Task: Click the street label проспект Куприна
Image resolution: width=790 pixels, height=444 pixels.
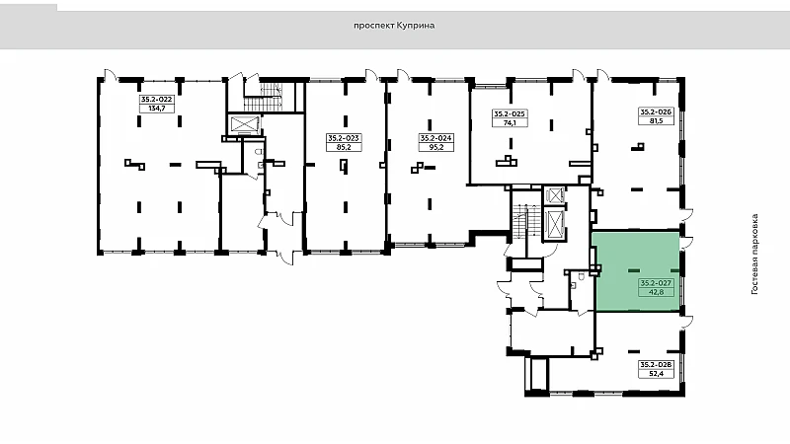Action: point(394,26)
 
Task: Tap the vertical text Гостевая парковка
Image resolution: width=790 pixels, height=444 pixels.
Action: point(754,255)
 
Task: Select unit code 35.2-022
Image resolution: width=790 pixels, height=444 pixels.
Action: point(157,100)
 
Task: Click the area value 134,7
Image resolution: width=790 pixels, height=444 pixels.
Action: point(157,109)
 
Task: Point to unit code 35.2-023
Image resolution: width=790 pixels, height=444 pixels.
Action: point(344,138)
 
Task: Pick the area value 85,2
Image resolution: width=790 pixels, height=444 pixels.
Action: point(344,147)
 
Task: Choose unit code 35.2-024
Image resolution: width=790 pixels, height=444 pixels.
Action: point(436,138)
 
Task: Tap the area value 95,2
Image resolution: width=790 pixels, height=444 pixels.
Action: point(436,147)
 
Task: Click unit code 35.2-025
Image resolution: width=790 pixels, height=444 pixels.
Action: point(510,113)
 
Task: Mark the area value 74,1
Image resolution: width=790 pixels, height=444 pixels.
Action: point(510,122)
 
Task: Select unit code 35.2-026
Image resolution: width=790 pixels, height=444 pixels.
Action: point(656,111)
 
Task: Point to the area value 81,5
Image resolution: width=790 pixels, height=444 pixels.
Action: point(656,120)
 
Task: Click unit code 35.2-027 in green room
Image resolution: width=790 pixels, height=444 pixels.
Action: point(656,283)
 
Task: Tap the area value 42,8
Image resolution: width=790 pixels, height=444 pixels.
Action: point(656,292)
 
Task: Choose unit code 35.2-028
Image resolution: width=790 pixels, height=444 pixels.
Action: point(656,364)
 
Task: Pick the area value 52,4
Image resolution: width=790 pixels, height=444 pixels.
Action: point(656,374)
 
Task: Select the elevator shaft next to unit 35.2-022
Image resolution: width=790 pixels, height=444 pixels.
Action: point(244,124)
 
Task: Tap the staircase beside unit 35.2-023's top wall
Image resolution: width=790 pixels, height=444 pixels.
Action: point(264,96)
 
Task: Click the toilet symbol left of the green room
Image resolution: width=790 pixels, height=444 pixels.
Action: point(581,276)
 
